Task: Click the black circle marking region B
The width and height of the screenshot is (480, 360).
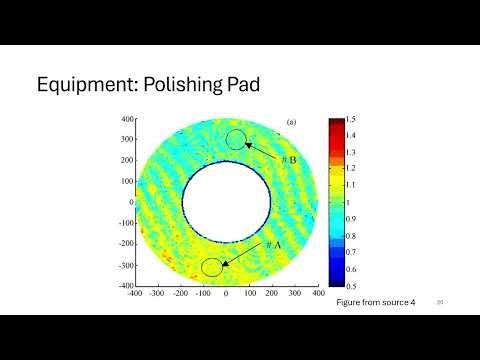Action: pyautogui.click(x=236, y=140)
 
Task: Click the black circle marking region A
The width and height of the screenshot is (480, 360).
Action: pyautogui.click(x=212, y=267)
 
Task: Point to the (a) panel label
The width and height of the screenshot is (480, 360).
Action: pyautogui.click(x=291, y=122)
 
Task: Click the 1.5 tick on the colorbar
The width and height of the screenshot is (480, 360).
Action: pyautogui.click(x=353, y=120)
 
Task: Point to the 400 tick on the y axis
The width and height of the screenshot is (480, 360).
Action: pyautogui.click(x=128, y=119)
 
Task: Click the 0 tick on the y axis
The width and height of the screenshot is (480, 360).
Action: pyautogui.click(x=131, y=203)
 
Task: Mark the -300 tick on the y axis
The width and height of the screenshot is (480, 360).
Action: pyautogui.click(x=126, y=266)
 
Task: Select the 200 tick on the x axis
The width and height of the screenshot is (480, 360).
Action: pyautogui.click(x=272, y=295)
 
